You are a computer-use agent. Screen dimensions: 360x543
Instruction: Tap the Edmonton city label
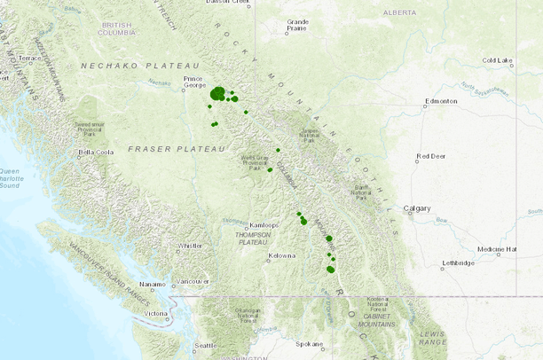tap(441, 101)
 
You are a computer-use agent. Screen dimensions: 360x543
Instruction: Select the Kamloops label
tap(265, 225)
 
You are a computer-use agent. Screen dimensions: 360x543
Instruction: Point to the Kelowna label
tap(281, 256)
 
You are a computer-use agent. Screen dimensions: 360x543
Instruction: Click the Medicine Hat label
tap(497, 250)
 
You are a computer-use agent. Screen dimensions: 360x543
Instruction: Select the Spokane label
tap(310, 343)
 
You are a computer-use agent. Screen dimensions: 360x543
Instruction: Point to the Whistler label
tap(190, 246)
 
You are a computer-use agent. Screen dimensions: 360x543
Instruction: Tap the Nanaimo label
tap(153, 285)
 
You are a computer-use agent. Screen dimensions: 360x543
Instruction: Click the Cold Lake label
tap(498, 60)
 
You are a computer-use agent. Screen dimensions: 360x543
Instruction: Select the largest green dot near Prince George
tap(217, 93)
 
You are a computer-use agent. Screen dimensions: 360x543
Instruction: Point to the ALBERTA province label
tap(399, 12)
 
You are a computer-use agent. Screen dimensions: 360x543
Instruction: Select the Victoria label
tap(155, 314)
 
